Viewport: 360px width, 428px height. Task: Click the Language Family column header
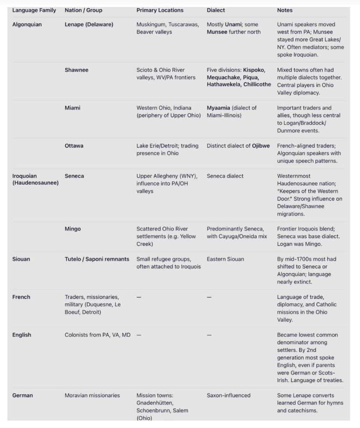(34, 10)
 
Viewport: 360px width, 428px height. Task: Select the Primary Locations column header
(160, 10)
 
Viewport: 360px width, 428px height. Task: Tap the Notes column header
(285, 10)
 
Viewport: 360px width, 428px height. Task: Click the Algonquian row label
(27, 24)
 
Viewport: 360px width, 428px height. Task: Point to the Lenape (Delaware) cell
(89, 24)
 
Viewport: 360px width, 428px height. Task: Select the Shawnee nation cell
(76, 70)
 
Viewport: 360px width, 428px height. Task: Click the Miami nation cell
(73, 107)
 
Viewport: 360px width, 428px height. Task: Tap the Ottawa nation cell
(74, 145)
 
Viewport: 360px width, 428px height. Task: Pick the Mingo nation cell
(73, 229)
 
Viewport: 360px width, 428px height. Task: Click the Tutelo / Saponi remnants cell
(97, 259)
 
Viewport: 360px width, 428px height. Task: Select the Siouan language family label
(21, 259)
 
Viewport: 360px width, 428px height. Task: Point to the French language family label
(21, 297)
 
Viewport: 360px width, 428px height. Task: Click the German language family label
(23, 395)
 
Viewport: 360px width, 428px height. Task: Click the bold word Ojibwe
(261, 145)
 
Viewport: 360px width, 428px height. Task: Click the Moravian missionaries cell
(92, 395)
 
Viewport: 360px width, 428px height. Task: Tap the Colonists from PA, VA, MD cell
(97, 335)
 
